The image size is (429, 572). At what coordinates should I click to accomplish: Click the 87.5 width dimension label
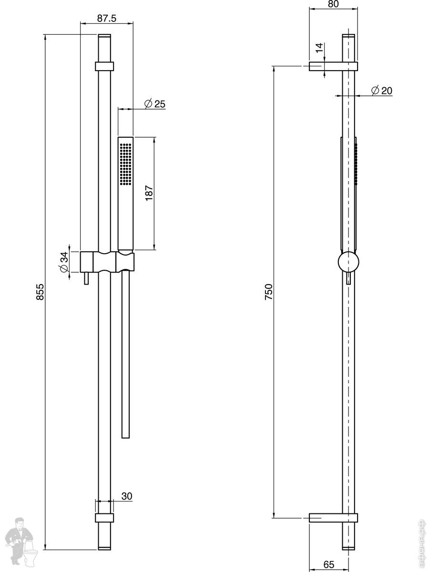[107, 19]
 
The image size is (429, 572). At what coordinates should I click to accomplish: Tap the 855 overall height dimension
[40, 292]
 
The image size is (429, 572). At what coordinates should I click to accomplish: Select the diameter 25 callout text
[155, 104]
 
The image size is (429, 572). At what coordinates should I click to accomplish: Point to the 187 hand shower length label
[149, 193]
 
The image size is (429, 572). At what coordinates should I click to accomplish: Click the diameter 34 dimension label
[64, 262]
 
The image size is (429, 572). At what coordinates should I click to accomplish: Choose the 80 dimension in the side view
[333, 4]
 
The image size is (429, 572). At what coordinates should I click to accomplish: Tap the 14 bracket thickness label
[319, 48]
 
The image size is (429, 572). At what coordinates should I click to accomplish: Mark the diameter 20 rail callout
[382, 91]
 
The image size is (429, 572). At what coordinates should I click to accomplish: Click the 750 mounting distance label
[268, 292]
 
